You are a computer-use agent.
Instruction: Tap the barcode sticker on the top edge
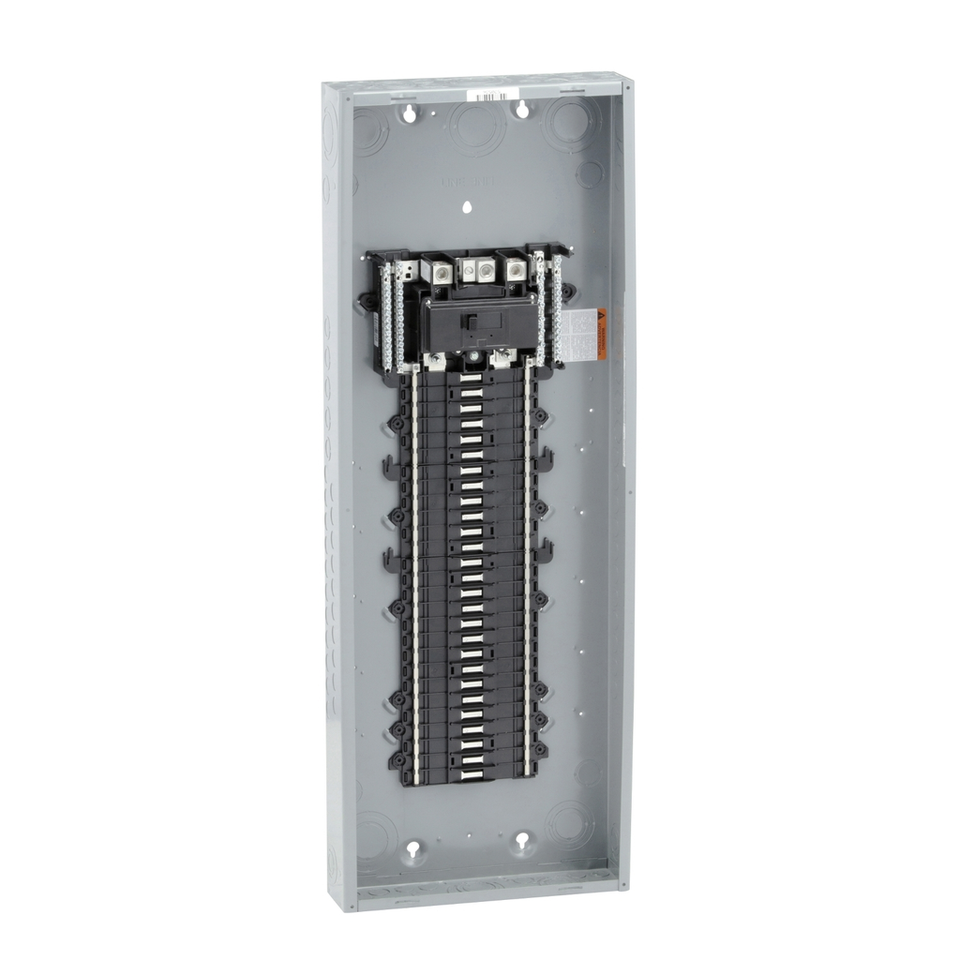[x=494, y=96]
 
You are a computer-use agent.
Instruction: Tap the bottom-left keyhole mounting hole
[x=412, y=849]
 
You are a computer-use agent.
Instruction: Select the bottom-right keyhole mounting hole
[x=522, y=844]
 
